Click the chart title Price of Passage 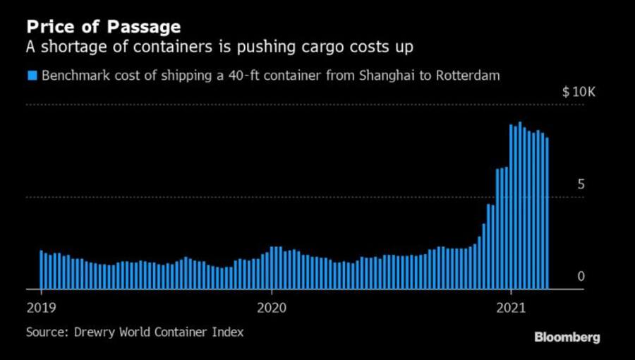[x=103, y=28]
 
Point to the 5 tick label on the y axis [x=581, y=184]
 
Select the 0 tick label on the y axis [x=581, y=276]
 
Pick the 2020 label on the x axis [x=272, y=308]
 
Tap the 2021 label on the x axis [x=512, y=308]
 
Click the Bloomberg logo [x=567, y=337]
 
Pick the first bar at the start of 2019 [x=42, y=270]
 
